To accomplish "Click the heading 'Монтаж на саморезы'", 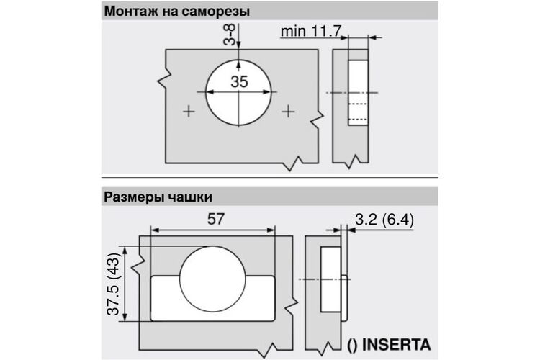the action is coord(177,12).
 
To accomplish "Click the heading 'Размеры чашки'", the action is coord(158,197).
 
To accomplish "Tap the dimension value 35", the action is coord(239,82).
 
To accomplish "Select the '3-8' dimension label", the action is coord(230,35).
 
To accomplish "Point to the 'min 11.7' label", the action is coord(310,31).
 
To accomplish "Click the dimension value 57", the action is coord(215,219).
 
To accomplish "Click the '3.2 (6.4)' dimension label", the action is coord(384,220).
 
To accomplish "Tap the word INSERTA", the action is coord(397,345).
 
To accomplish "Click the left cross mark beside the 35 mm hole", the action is coord(189,112).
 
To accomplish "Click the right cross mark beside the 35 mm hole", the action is coord(288,112).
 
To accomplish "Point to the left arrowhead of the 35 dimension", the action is coord(210,92).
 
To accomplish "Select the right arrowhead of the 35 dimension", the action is coord(268,92).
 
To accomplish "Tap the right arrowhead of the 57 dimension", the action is coord(270,230).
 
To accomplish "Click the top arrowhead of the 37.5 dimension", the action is coord(125,251).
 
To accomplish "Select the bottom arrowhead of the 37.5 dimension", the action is coord(125,317).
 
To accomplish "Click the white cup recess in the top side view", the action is coord(358,93).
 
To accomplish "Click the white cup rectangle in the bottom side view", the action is coord(331,279).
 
